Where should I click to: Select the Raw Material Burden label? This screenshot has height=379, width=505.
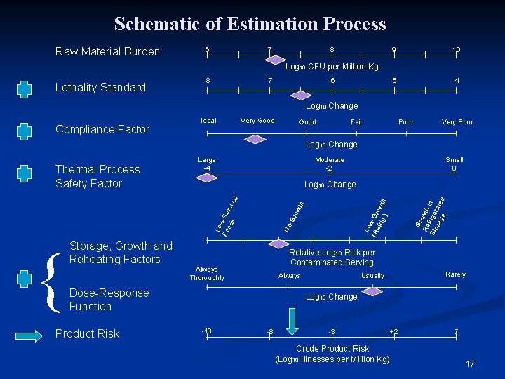pyautogui.click(x=107, y=51)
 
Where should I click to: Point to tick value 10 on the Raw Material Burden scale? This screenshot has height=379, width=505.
pyautogui.click(x=456, y=49)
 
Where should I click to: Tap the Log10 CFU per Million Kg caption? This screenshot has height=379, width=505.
pyautogui.click(x=331, y=67)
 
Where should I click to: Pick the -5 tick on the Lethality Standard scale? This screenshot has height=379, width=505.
pyautogui.click(x=394, y=80)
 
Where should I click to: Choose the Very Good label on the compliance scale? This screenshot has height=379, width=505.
pyautogui.click(x=257, y=121)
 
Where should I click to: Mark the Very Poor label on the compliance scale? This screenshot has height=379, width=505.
pyautogui.click(x=457, y=121)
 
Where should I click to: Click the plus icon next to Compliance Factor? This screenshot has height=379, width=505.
pyautogui.click(x=25, y=131)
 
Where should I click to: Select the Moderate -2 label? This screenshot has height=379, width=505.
pyautogui.click(x=329, y=164)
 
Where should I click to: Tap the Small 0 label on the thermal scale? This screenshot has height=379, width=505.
pyautogui.click(x=454, y=164)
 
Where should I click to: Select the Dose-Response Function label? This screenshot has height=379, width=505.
pyautogui.click(x=109, y=300)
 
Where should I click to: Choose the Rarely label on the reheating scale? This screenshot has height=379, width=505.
pyautogui.click(x=455, y=274)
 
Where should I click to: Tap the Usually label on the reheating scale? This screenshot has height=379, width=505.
pyautogui.click(x=372, y=276)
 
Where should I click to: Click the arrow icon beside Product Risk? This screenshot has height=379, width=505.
pyautogui.click(x=25, y=333)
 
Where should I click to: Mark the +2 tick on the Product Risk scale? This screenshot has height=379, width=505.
pyautogui.click(x=393, y=331)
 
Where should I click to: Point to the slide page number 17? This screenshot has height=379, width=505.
pyautogui.click(x=470, y=364)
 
